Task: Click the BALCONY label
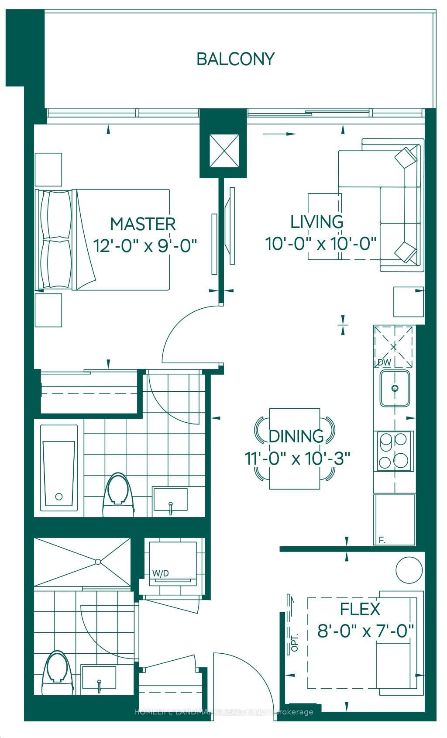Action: pos(235,59)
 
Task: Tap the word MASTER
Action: pos(143,224)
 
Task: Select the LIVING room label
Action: pos(317,222)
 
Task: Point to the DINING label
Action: pos(296,436)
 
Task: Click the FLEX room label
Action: pos(360,609)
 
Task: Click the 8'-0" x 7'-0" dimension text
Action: pos(365,631)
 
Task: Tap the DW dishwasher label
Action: pos(384,362)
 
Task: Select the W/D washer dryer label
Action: pos(160,573)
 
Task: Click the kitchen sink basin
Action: pos(395,388)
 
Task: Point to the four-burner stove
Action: pos(394,451)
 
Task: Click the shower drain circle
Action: pos(98,562)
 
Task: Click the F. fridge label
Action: pos(382,541)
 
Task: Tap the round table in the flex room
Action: pos(409,569)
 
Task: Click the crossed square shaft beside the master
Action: pos(224,150)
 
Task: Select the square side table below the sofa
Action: pos(409,301)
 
